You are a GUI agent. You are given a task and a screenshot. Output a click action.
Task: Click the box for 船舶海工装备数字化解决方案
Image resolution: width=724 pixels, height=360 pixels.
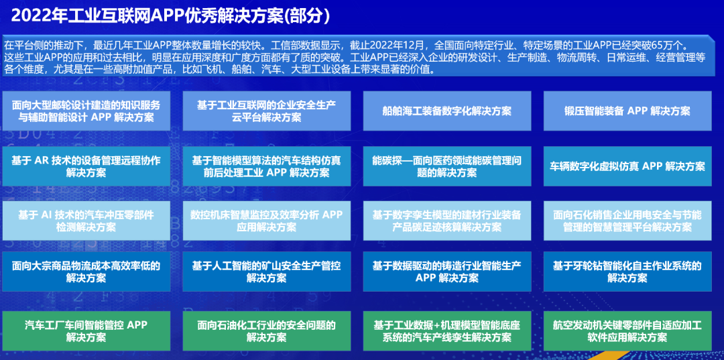pos(447,111)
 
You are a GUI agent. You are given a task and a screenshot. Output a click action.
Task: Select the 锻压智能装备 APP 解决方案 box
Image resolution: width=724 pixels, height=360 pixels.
pos(627,111)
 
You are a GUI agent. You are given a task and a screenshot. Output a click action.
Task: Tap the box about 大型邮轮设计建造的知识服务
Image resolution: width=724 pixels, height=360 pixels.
pos(86,111)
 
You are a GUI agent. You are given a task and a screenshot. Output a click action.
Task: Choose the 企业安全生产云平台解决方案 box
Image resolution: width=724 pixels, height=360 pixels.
pos(266,111)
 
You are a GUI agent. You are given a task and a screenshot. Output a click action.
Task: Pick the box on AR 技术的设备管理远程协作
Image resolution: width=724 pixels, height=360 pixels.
pos(86,166)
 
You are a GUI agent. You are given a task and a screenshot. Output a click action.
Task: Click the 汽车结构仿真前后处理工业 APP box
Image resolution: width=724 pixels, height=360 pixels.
pos(266,166)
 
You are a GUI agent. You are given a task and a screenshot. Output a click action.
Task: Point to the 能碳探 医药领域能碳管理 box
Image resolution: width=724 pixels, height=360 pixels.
pos(447,166)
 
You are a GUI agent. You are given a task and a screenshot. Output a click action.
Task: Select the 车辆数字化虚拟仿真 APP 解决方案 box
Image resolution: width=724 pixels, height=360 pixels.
pos(627,166)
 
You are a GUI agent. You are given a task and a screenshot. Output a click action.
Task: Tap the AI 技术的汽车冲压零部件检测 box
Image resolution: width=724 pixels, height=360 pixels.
pos(86,221)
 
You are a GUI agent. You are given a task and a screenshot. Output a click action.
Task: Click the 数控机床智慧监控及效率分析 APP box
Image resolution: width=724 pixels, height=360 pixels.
pos(266,221)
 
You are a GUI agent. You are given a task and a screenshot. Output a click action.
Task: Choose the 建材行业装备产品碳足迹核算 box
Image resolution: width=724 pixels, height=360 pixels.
pos(447,221)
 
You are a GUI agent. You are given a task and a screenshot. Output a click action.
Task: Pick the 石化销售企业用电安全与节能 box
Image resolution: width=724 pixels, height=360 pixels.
pos(627,221)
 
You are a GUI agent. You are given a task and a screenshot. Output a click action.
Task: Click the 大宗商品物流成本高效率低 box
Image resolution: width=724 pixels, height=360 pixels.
pos(86,272)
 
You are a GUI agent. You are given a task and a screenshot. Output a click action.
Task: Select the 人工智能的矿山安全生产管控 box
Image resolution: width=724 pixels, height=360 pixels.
pos(266,272)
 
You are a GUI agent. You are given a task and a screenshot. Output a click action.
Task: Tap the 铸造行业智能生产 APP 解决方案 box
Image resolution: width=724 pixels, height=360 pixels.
pos(447,272)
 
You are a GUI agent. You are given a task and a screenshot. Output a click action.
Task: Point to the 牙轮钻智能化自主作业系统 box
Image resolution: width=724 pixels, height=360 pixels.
pos(627,272)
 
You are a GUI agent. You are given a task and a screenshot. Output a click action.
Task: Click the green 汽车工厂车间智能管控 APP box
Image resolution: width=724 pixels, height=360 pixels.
pos(86,331)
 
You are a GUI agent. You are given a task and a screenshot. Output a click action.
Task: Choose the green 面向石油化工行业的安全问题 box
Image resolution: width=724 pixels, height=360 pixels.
pos(266,331)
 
